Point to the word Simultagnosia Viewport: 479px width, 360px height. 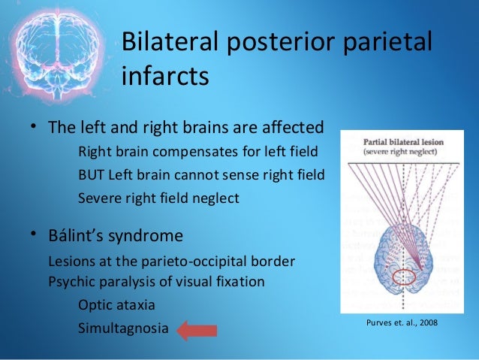tap(119, 329)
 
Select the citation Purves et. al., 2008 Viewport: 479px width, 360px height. tap(398, 322)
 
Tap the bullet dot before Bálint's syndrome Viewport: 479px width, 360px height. tap(34, 235)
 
